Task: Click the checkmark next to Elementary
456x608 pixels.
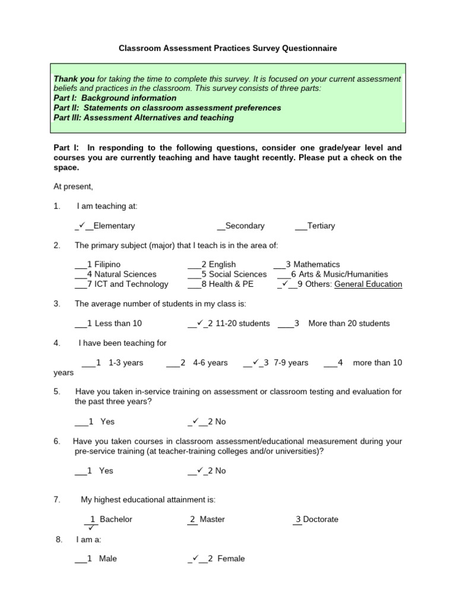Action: pos(82,225)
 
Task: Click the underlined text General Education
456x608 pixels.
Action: pos(368,284)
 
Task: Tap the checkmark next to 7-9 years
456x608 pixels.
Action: pos(254,362)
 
